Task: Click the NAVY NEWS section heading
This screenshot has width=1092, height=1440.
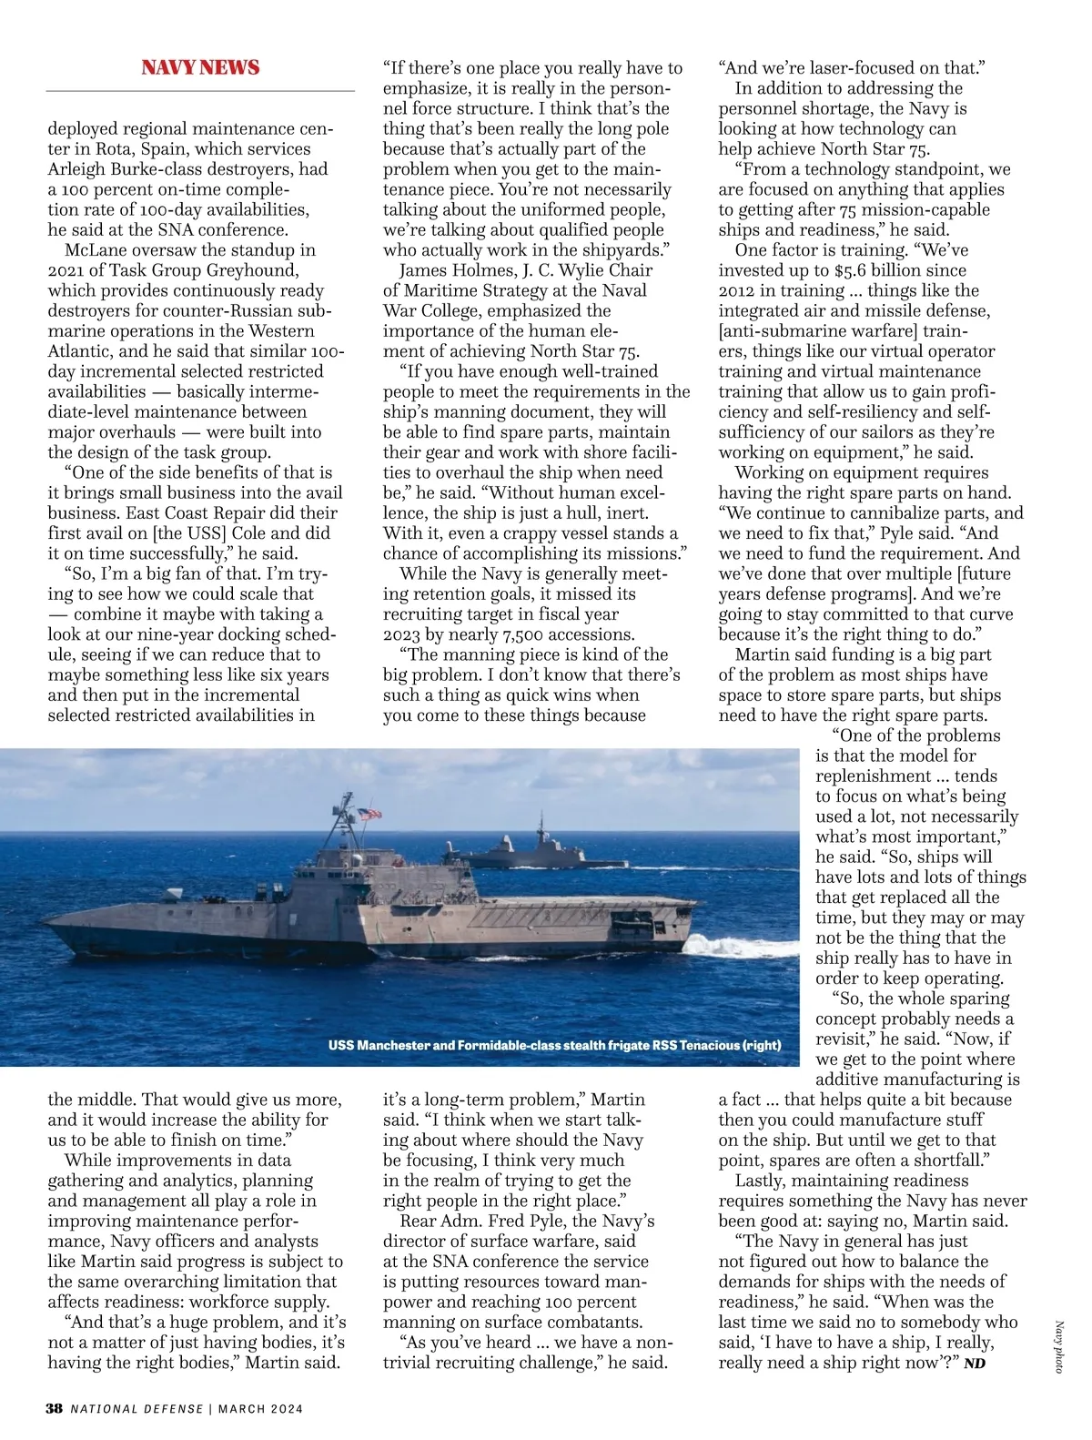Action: [200, 67]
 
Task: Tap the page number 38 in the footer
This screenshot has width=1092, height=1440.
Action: [54, 1408]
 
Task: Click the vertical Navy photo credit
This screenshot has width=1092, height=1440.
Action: [1059, 1346]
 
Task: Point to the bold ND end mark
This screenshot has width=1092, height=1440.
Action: [974, 1364]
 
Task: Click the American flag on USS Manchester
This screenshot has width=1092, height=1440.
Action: [369, 813]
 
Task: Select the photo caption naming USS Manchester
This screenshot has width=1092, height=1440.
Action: [554, 1045]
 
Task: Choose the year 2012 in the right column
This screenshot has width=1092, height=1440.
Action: [742, 290]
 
